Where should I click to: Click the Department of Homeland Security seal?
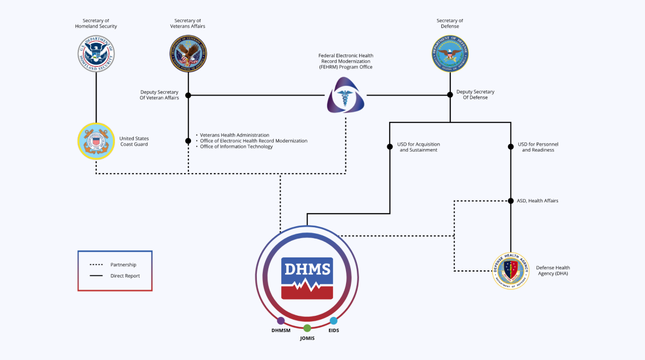pos(96,53)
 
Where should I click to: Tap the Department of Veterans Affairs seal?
pos(188,53)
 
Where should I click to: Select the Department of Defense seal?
pos(450,53)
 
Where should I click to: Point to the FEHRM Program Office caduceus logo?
pos(345,96)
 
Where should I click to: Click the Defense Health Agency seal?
pos(511,271)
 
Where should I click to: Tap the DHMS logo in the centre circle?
pos(307,278)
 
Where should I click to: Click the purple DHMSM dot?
pos(281,321)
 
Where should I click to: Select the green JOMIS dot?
pos(307,328)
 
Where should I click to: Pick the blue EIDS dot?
pos(334,321)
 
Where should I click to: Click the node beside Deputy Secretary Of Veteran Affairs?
pos(188,96)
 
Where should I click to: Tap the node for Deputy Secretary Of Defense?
pos(450,94)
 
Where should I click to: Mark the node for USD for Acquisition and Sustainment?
pos(389,146)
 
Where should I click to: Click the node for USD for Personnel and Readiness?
pos(511,146)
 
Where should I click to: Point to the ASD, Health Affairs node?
pos(511,201)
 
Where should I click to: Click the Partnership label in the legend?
pos(123,265)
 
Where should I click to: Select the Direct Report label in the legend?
pos(125,276)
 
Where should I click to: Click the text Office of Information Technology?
pos(236,147)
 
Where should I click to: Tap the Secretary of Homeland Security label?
pos(96,24)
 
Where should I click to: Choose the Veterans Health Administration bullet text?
pos(234,135)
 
